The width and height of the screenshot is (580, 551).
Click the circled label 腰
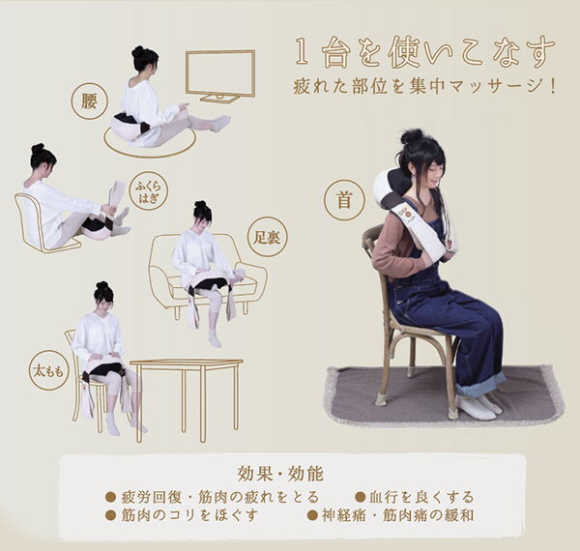point(89,101)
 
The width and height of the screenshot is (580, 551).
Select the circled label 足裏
point(267,238)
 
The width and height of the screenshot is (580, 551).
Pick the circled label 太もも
point(48,371)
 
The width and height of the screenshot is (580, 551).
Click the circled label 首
point(344,201)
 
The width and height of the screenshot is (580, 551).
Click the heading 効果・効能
point(280,474)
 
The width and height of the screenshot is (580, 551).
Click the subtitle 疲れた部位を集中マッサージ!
point(424,87)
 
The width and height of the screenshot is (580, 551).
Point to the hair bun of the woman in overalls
point(412,136)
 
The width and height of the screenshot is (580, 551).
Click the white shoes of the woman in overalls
point(478,407)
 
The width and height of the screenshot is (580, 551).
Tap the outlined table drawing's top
point(187,362)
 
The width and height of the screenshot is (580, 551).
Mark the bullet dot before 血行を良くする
point(360,497)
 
